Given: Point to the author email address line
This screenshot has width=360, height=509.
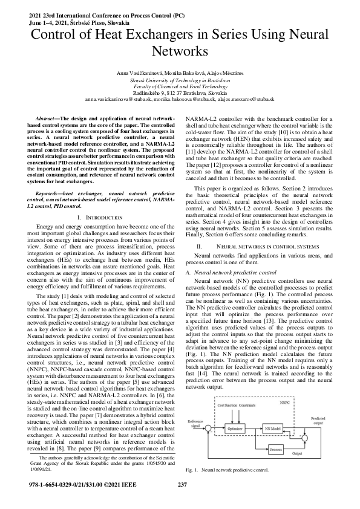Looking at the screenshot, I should click(x=180, y=99).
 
